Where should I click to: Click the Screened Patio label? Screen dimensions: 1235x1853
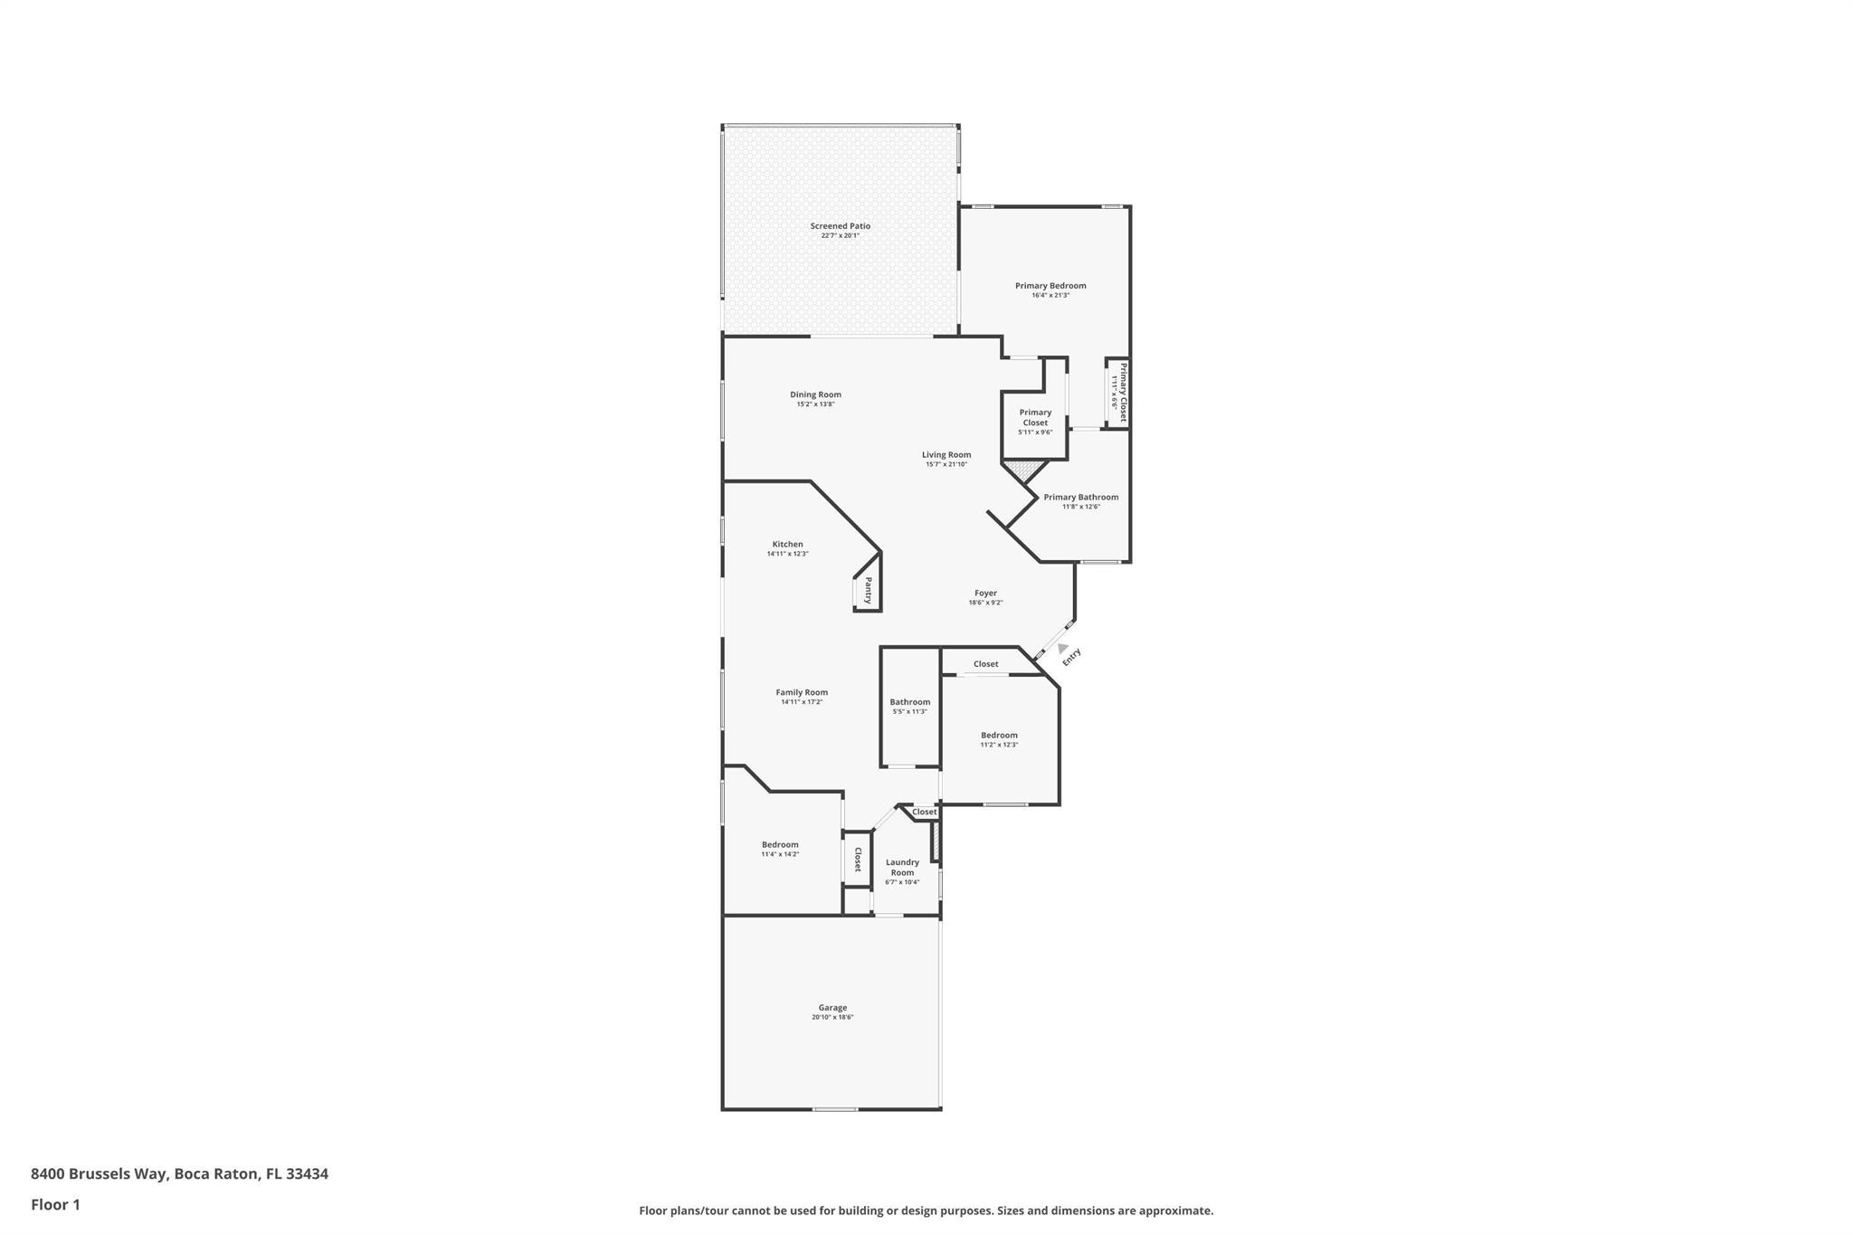[x=840, y=226]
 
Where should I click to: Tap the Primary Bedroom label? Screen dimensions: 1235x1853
[x=1050, y=286]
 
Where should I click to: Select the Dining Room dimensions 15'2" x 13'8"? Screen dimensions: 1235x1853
[x=815, y=404]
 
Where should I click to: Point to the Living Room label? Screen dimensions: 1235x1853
[x=946, y=455]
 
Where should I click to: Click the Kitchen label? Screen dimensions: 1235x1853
[x=787, y=545]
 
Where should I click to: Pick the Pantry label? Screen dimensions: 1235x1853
[x=869, y=591]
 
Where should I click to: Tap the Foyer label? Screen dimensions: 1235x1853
[x=985, y=594]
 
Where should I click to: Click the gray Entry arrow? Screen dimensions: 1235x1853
[x=1061, y=648]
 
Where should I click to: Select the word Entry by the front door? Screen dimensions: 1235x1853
[x=1071, y=657]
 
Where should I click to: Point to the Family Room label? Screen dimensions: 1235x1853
[x=802, y=693]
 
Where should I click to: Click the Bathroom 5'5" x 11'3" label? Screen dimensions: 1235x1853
[x=909, y=702]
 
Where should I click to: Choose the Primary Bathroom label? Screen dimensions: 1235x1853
[x=1080, y=498]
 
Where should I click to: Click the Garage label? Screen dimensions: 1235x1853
[x=832, y=1008]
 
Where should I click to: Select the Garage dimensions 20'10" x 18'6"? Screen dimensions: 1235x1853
[x=832, y=1018]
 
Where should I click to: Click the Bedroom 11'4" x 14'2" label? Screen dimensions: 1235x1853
[x=780, y=845]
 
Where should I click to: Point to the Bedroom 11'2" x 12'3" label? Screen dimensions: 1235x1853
[x=999, y=736]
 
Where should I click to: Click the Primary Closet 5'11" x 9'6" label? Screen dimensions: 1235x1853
[x=1035, y=418]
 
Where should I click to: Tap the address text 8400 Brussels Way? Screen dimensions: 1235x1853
[x=100, y=1174]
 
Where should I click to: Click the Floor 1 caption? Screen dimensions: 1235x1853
[x=55, y=1205]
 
